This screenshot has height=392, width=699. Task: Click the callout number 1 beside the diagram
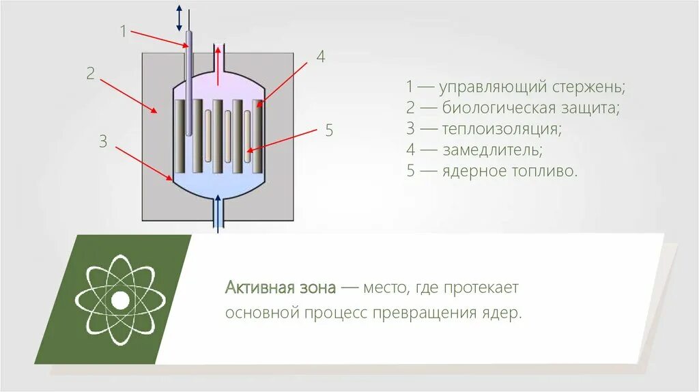[x=124, y=31]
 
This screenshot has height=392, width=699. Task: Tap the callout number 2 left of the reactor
[x=91, y=73]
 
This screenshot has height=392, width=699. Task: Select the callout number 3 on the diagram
[x=103, y=141]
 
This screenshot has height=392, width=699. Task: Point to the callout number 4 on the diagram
[x=320, y=57]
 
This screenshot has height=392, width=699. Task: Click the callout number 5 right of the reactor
[x=328, y=130]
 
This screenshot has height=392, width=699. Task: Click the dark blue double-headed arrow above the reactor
[x=179, y=18]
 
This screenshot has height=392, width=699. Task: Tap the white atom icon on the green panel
[x=120, y=299]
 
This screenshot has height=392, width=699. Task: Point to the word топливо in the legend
[x=543, y=171]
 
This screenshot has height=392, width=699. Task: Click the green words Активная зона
[x=281, y=288]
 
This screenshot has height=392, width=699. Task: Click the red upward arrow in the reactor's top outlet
[x=218, y=66]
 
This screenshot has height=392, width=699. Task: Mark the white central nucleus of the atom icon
[x=120, y=300]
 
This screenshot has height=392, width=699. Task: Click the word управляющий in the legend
[x=493, y=87]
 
